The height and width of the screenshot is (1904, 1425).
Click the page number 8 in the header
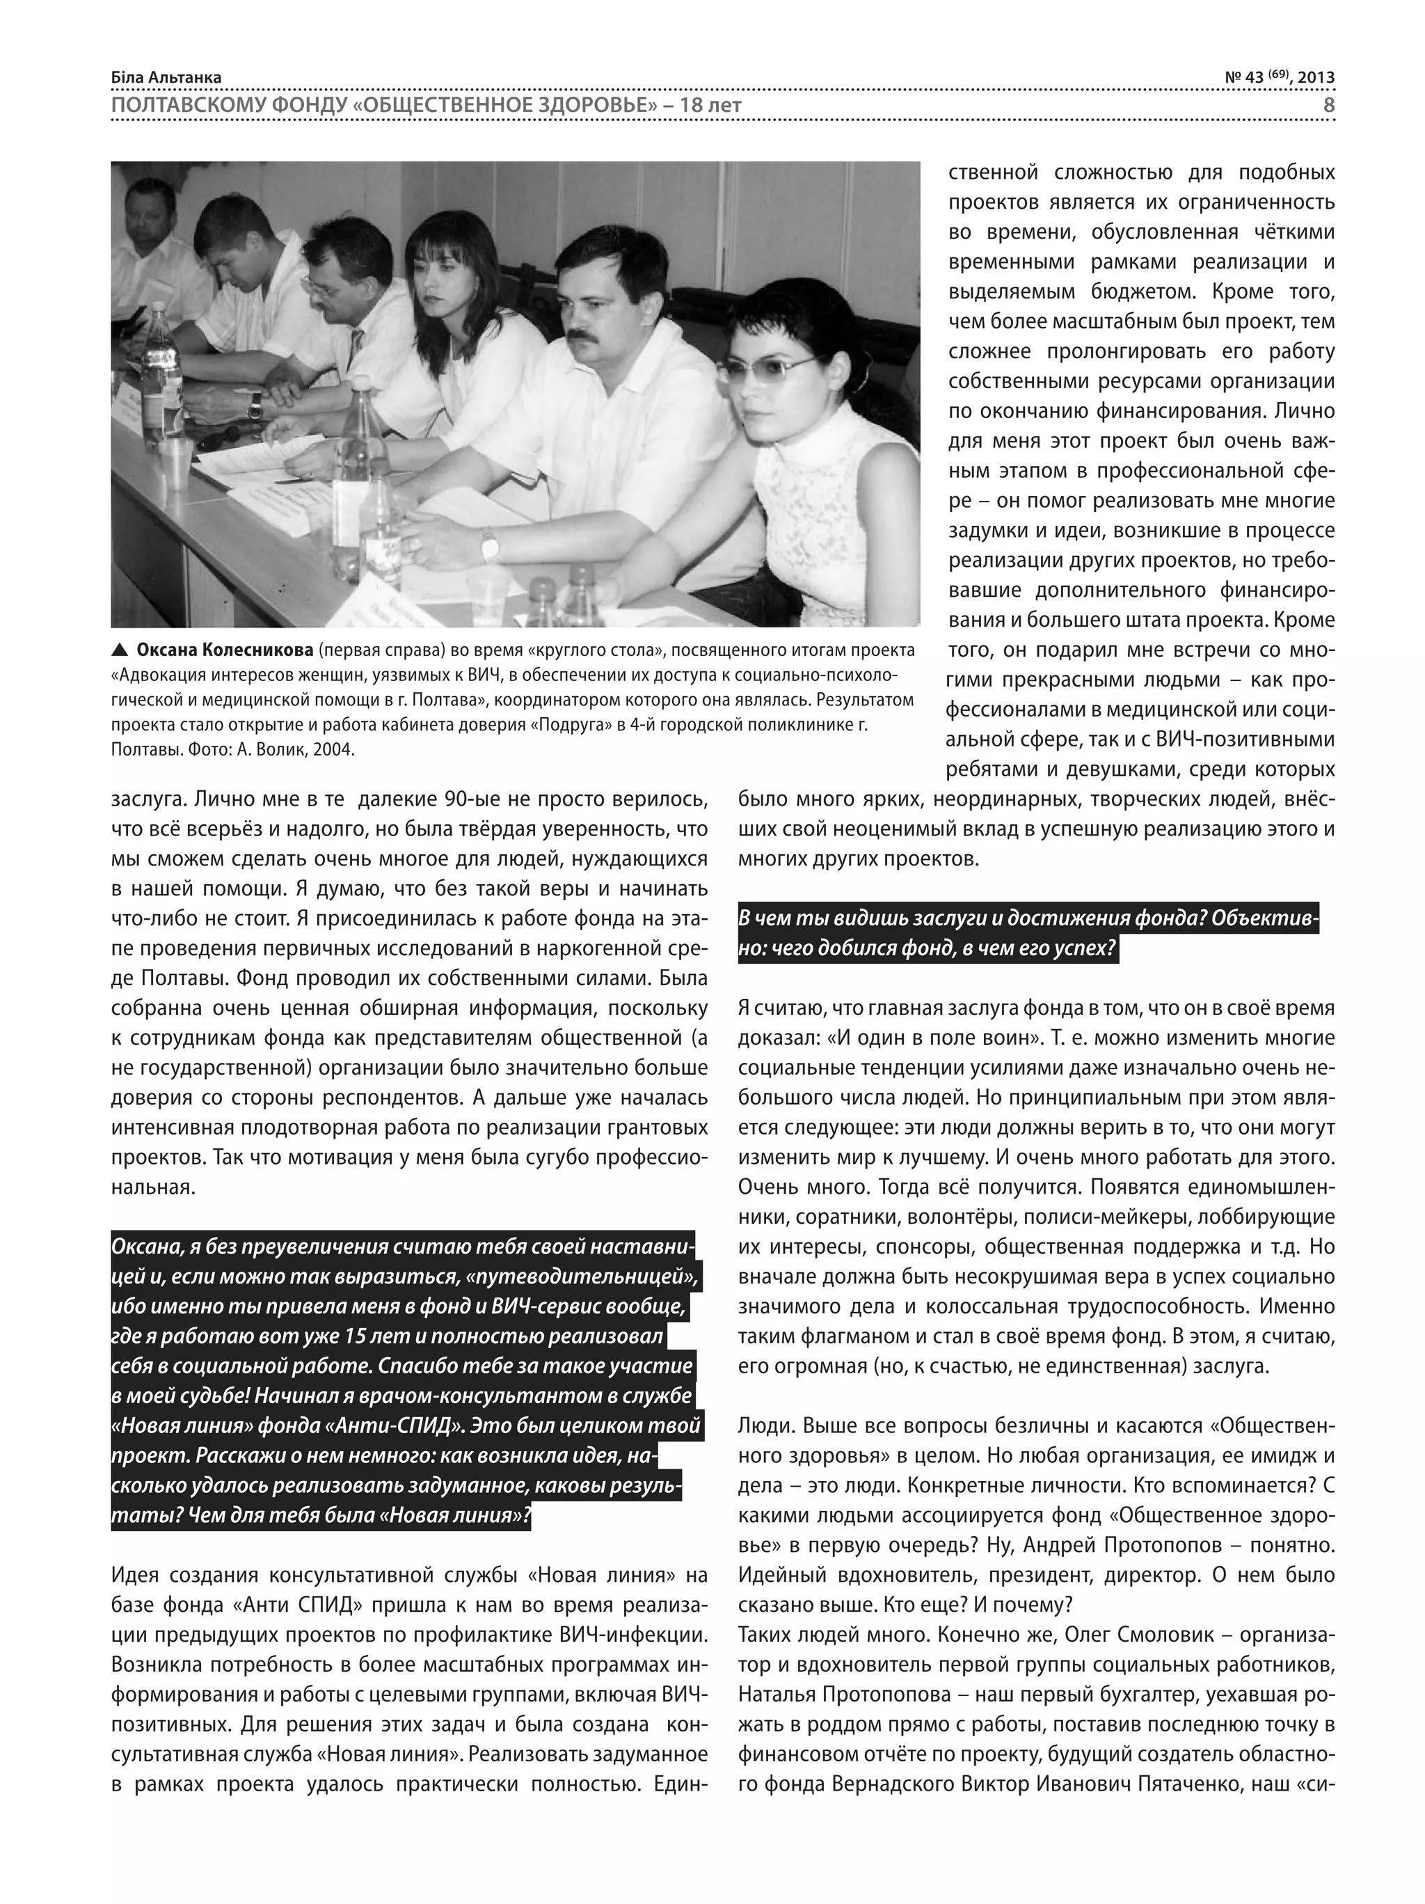click(x=1328, y=105)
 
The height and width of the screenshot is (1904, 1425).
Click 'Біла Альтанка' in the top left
click(x=166, y=77)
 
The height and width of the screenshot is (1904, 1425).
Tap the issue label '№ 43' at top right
click(x=1243, y=77)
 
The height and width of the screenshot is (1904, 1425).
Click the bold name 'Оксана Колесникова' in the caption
click(x=225, y=650)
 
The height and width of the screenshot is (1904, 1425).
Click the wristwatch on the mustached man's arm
click(x=489, y=545)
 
